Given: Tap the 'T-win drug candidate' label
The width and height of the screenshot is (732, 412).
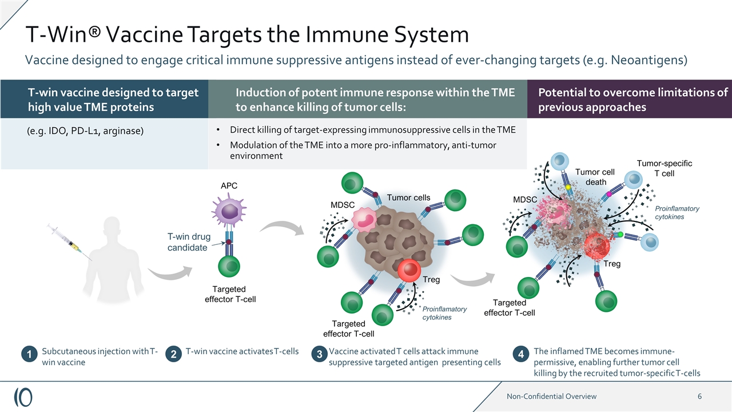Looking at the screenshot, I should pos(189,242).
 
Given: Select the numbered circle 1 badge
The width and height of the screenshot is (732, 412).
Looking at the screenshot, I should pos(29,355).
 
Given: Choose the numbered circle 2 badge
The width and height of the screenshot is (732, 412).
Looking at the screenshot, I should pos(173,355).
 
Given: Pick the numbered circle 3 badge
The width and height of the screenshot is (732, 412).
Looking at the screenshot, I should pos(319,355).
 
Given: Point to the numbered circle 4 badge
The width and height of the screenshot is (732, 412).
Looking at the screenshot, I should pos(521,355).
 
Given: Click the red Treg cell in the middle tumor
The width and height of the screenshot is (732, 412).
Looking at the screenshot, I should pos(409,271).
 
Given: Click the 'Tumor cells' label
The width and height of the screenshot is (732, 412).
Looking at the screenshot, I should pos(408,197).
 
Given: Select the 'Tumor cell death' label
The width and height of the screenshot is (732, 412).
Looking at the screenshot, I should pos(595,177).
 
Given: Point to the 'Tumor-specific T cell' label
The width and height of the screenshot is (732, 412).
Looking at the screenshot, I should pos(664,168).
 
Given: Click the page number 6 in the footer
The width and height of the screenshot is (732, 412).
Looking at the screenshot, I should pos(699,396).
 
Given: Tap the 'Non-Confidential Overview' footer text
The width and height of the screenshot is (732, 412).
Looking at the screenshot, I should pos(551,396).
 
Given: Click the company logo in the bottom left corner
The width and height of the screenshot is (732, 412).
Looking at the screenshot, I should pos(23,396).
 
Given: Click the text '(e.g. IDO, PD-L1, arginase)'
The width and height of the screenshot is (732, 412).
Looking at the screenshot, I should pos(86,130).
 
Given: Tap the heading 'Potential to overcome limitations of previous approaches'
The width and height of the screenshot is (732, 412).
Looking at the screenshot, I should pos(632,100).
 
